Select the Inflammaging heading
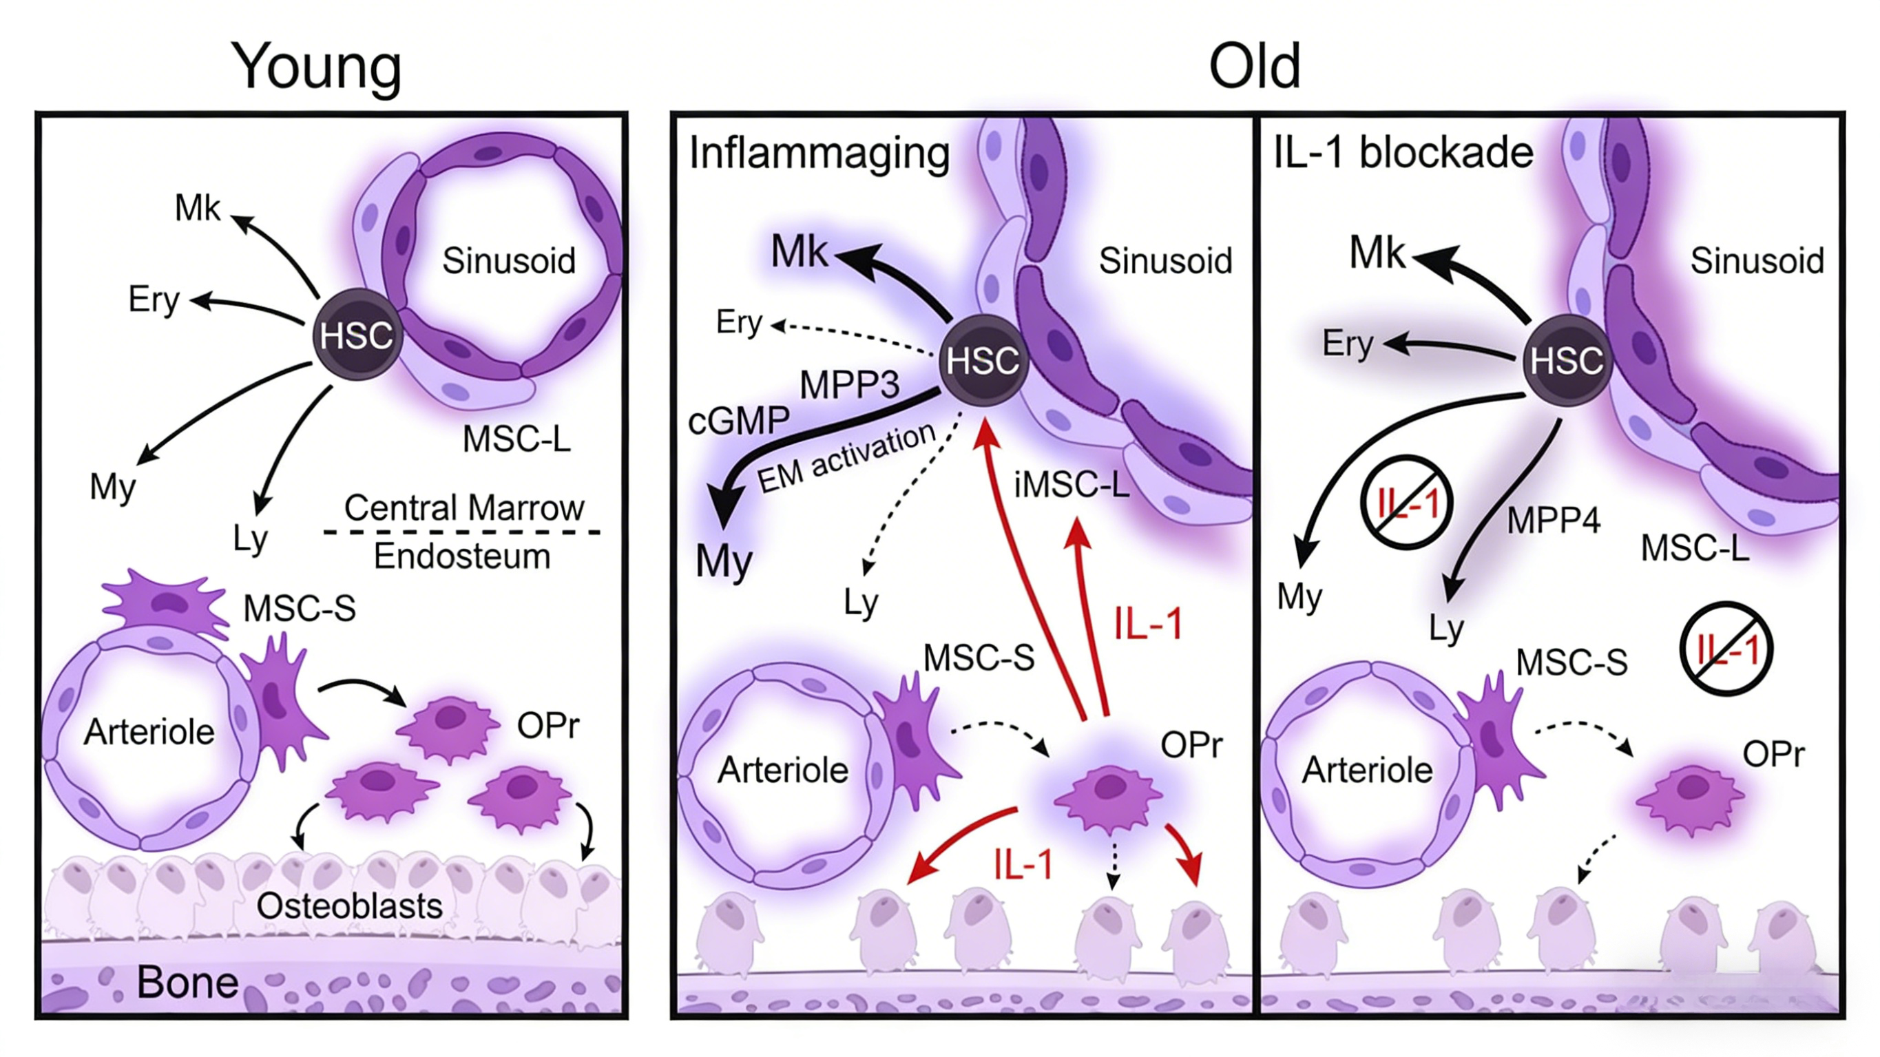click(819, 154)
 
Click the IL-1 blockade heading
click(1403, 154)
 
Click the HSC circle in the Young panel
click(357, 335)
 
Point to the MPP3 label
click(850, 385)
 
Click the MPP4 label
click(1553, 521)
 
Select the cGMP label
click(738, 421)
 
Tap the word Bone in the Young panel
click(187, 983)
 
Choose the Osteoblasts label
click(349, 906)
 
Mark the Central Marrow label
click(464, 507)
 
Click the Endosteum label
click(462, 556)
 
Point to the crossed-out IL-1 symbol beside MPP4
click(1406, 503)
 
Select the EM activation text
click(846, 459)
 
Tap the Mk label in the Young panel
click(197, 208)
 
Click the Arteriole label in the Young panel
click(149, 731)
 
